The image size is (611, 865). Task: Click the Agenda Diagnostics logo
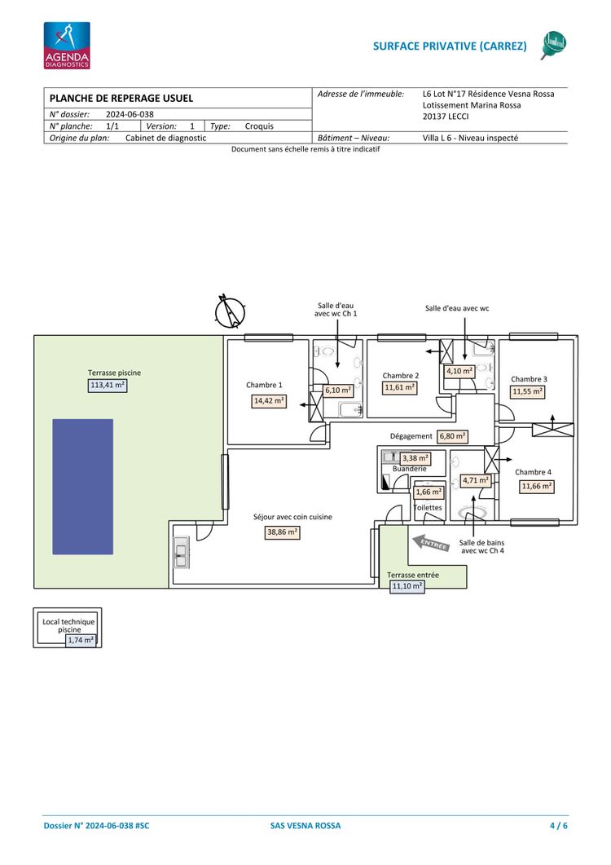point(67,45)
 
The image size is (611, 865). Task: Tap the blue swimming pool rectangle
point(83,487)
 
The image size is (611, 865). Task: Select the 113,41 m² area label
point(108,385)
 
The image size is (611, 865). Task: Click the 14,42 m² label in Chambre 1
point(269,401)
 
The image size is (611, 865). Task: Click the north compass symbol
point(230,311)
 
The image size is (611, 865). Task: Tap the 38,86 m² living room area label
point(283,532)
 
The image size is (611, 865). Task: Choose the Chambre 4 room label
point(533,472)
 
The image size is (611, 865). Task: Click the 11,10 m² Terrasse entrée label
point(407,586)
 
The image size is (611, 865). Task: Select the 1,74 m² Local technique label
point(81,641)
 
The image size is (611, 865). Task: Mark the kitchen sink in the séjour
point(181,553)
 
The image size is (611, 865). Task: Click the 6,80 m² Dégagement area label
point(453,436)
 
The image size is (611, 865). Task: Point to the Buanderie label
point(409,469)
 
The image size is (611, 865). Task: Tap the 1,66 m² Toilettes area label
point(429,492)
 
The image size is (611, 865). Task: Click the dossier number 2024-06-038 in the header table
point(130,114)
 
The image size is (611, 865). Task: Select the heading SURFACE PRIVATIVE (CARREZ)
point(450,46)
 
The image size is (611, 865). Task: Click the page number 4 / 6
point(559,826)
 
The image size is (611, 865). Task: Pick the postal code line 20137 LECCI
point(446,117)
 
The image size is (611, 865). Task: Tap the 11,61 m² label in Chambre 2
point(400,388)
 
